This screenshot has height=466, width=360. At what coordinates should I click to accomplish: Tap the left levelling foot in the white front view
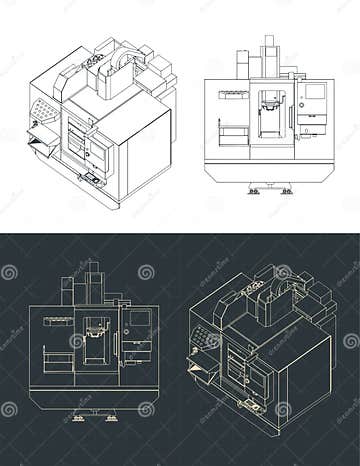pyautogui.click(x=254, y=189)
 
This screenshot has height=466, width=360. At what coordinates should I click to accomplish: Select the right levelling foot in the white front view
pyautogui.click(x=287, y=189)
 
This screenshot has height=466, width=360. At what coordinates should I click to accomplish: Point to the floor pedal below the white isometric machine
pyautogui.click(x=92, y=180)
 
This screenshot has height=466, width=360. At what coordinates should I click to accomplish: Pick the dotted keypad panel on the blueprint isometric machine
pyautogui.click(x=211, y=341)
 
